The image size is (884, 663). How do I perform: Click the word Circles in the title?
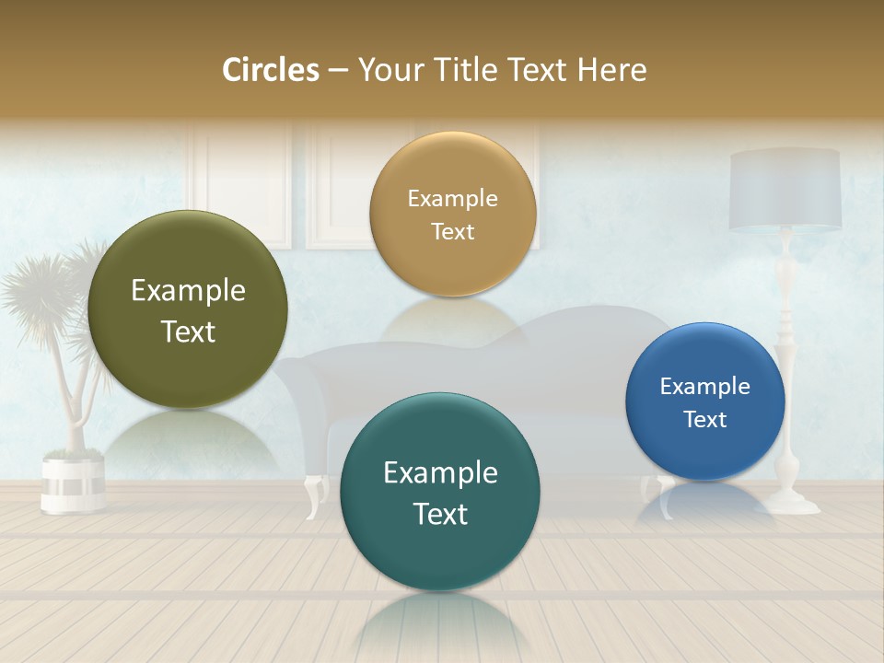tap(270, 70)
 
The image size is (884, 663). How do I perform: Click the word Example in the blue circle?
tap(704, 386)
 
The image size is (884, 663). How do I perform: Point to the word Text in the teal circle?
tap(440, 514)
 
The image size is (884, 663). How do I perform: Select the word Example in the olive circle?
tap(188, 291)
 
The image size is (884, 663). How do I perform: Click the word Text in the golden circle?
tap(452, 231)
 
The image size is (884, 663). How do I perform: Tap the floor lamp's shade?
tap(785, 189)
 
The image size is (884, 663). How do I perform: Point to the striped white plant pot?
tap(73, 480)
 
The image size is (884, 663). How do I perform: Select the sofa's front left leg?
tap(316, 495)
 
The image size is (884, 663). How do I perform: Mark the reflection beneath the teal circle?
tap(440, 626)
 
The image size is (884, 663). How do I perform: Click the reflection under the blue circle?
tap(704, 502)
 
